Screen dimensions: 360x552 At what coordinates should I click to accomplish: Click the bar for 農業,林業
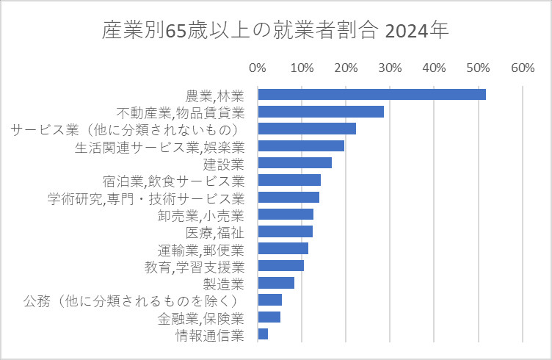click(x=371, y=94)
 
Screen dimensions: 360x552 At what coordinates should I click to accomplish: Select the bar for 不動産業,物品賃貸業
click(x=321, y=112)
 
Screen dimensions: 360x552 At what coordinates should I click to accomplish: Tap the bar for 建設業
click(x=294, y=163)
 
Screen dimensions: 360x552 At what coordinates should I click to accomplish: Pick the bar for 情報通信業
click(x=263, y=334)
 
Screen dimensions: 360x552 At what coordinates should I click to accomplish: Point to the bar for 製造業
click(x=276, y=283)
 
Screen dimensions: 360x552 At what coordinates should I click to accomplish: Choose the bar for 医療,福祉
click(x=286, y=231)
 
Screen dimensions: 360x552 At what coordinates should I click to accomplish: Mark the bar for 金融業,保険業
click(x=269, y=317)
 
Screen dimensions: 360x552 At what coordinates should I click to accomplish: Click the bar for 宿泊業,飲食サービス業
click(x=289, y=180)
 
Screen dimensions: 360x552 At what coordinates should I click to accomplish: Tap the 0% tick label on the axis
click(x=258, y=68)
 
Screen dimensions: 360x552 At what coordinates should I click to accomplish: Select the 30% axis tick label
click(x=390, y=68)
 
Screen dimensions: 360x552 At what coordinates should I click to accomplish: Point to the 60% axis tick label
click(x=522, y=68)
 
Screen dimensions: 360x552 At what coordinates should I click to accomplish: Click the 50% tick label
click(x=478, y=68)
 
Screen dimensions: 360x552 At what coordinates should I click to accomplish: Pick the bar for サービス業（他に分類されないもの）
click(x=307, y=129)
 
